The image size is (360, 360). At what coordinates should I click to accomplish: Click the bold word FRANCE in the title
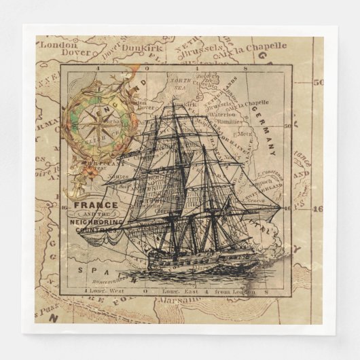[x=94, y=204]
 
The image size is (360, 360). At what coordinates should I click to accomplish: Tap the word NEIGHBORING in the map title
[x=97, y=221]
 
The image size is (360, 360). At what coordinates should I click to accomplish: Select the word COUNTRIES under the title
[x=96, y=230]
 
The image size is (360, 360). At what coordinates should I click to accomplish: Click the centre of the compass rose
[x=93, y=122]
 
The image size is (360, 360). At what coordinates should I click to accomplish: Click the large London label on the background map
[x=58, y=45]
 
